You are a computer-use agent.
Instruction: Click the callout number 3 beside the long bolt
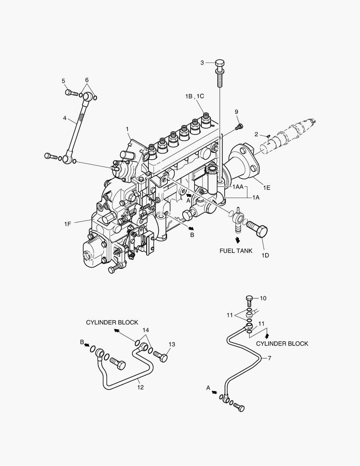tap(202, 63)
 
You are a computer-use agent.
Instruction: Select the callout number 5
tap(63, 81)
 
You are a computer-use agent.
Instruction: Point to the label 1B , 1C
tap(194, 96)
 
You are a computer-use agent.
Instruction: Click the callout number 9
tap(236, 112)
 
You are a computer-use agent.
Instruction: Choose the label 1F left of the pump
tap(68, 223)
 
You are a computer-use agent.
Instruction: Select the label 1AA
tap(238, 187)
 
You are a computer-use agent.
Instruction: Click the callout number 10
tap(263, 298)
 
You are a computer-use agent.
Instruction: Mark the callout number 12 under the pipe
tap(140, 387)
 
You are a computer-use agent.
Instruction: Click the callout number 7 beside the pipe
tap(269, 358)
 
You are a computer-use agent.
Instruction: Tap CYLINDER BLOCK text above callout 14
tap(112, 322)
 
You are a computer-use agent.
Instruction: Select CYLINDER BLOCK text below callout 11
tap(282, 343)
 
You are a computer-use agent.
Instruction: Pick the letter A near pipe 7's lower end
tap(208, 388)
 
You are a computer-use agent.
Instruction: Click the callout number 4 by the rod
tap(65, 117)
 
